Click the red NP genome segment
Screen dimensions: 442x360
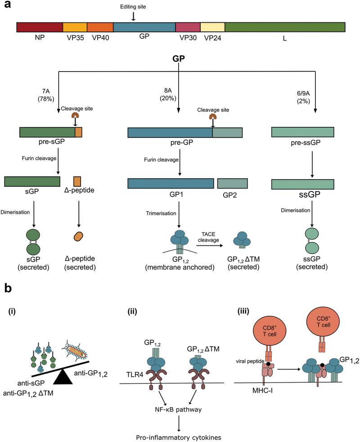point(39,27)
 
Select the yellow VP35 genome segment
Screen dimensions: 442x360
point(75,27)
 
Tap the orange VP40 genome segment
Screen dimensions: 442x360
point(100,27)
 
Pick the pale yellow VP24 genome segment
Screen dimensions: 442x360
point(212,27)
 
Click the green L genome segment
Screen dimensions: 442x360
point(284,27)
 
